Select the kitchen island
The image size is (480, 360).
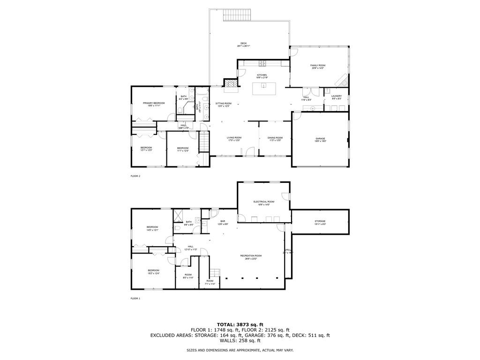[x=263, y=88]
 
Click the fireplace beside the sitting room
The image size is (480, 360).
[x=230, y=84]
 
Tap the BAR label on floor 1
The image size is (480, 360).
[x=223, y=222]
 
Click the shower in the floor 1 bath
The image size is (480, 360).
[x=179, y=215]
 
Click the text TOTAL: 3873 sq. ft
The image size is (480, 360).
[x=240, y=324]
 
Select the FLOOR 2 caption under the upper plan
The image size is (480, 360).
[x=135, y=176]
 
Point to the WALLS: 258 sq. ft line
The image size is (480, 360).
[x=240, y=341]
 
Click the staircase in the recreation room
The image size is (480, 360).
[x=215, y=273]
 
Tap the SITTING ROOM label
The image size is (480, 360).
[x=223, y=105]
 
